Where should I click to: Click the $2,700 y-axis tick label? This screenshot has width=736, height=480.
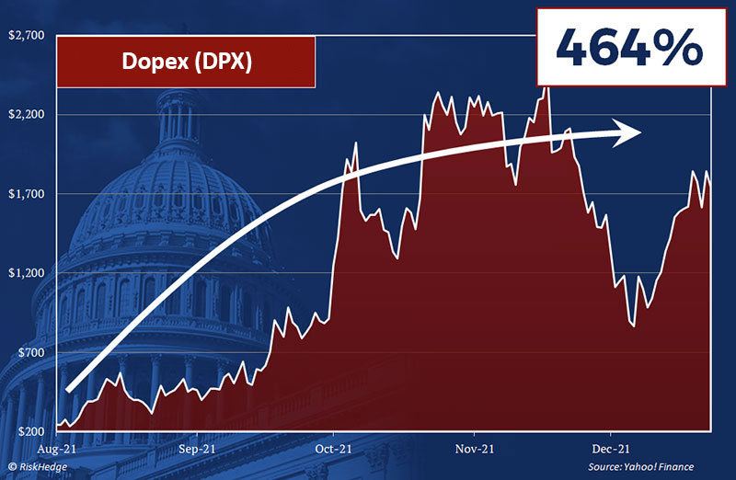[x=26, y=36]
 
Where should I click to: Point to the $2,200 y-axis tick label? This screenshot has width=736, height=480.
[x=26, y=115]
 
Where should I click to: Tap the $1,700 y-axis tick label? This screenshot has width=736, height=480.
[x=26, y=194]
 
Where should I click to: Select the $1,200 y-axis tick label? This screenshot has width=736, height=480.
[x=26, y=273]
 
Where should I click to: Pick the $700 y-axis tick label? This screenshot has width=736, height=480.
[x=29, y=353]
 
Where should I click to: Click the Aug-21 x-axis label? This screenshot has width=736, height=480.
[x=57, y=450]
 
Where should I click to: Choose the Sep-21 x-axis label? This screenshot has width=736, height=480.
[x=195, y=450]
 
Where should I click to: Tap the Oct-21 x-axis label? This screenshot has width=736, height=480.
[x=333, y=450]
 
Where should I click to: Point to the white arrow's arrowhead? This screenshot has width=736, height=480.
[x=630, y=134]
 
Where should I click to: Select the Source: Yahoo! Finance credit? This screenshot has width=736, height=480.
[x=641, y=467]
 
